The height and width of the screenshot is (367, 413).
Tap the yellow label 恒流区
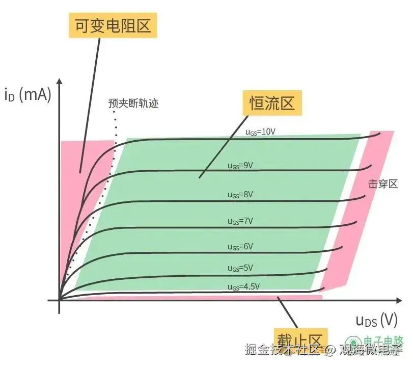tap(272, 103)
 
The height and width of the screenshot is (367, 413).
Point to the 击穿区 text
tap(382, 184)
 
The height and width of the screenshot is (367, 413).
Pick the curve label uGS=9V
tap(240, 165)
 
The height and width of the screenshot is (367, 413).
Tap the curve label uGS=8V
tap(240, 194)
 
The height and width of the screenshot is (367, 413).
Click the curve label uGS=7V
tap(240, 221)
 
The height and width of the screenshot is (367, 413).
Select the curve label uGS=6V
tap(240, 247)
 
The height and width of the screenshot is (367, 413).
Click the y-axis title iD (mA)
tap(28, 95)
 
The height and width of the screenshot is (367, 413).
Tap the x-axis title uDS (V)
tap(376, 320)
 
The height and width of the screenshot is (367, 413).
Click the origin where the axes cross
tap(60, 300)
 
